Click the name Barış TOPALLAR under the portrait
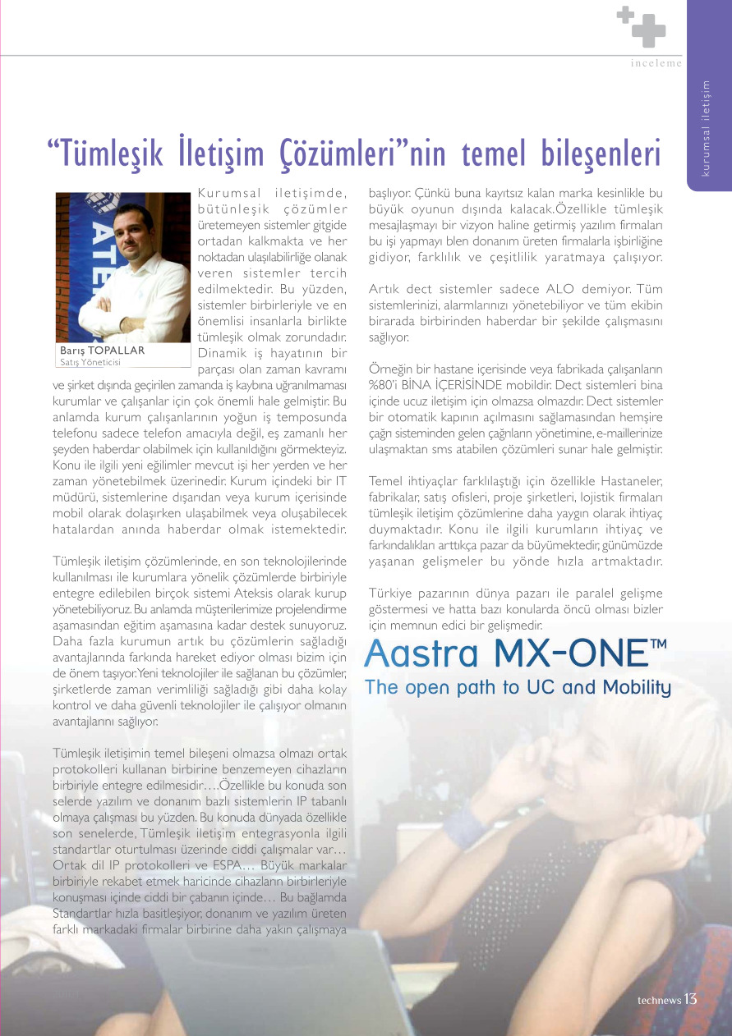tap(103, 351)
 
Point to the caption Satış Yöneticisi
tap(90, 361)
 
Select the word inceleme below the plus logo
tap(656, 64)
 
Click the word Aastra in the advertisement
tap(421, 653)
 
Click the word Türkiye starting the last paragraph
tap(389, 593)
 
